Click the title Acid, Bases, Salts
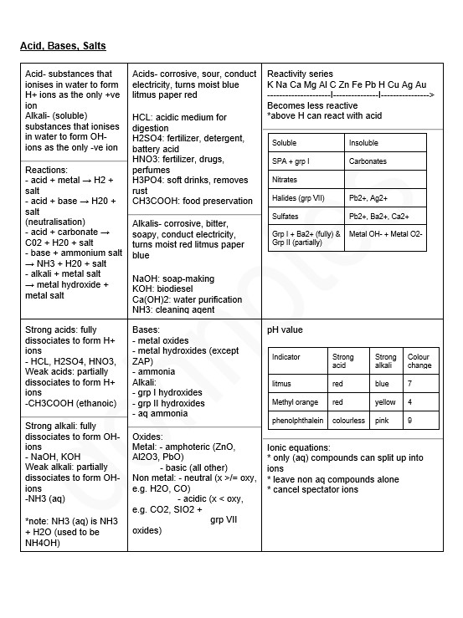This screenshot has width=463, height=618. pyautogui.click(x=63, y=45)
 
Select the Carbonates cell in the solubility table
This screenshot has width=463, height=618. pyautogui.click(x=368, y=161)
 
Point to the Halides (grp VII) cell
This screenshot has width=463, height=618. pyautogui.click(x=298, y=198)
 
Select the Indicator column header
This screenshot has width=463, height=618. pyautogui.click(x=286, y=357)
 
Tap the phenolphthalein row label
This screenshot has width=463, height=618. pyautogui.click(x=297, y=421)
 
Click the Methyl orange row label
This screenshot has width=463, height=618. pyautogui.click(x=296, y=402)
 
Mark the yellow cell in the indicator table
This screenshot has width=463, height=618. pyautogui.click(x=385, y=402)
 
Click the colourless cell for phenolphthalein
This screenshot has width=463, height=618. pyautogui.click(x=348, y=421)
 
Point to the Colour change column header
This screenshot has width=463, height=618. pyautogui.click(x=419, y=361)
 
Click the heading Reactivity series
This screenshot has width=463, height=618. pyautogui.click(x=300, y=74)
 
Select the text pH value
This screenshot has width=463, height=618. pyautogui.click(x=285, y=330)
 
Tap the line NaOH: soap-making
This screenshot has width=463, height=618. pyautogui.click(x=173, y=278)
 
